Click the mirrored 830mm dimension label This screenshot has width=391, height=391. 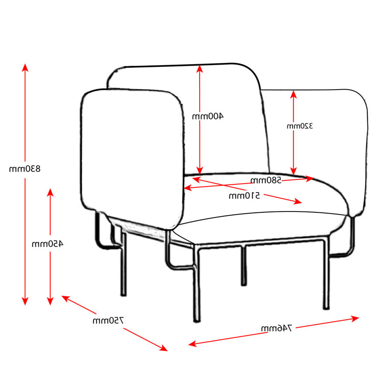(25, 169)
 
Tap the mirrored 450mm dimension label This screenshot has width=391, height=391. (47, 244)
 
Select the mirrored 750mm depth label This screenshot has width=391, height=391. (108, 321)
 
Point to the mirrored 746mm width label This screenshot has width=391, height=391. (277, 328)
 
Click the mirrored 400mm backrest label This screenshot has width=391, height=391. (208, 116)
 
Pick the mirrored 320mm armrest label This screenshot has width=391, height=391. (300, 126)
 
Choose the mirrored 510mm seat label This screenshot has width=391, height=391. (244, 196)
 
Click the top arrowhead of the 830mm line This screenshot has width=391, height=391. (25, 67)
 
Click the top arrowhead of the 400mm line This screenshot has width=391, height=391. (200, 68)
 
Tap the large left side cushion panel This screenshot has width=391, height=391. (131, 157)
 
